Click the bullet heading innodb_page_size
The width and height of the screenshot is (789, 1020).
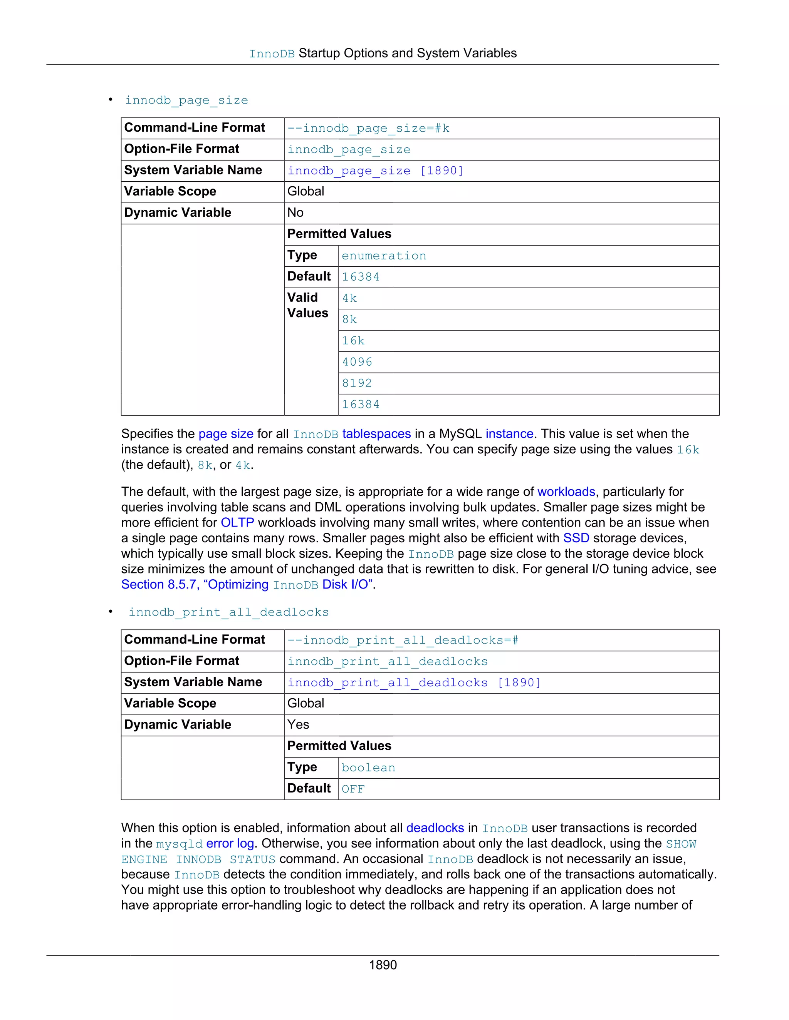coord(186,100)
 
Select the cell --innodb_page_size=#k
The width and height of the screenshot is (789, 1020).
coord(368,129)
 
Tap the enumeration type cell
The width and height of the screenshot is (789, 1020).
coord(384,256)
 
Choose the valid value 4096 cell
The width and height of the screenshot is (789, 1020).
coord(357,362)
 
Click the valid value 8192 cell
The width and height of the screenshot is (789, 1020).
coord(357,383)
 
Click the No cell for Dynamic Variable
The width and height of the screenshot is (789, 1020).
coord(295,213)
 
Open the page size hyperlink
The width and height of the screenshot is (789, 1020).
coord(226,434)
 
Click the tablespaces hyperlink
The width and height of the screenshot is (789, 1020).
coord(376,434)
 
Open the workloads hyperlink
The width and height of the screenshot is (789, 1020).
coord(566,492)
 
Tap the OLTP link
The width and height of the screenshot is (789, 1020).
coord(237,523)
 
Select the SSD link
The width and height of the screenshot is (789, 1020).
coord(576,538)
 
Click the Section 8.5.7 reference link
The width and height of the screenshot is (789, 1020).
coord(247,585)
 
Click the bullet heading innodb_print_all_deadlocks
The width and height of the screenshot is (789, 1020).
coord(228,612)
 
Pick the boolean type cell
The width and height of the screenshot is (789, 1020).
coord(368,768)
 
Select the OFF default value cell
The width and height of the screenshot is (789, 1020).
coord(353,789)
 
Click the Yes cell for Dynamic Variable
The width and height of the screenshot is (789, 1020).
coord(298,725)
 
